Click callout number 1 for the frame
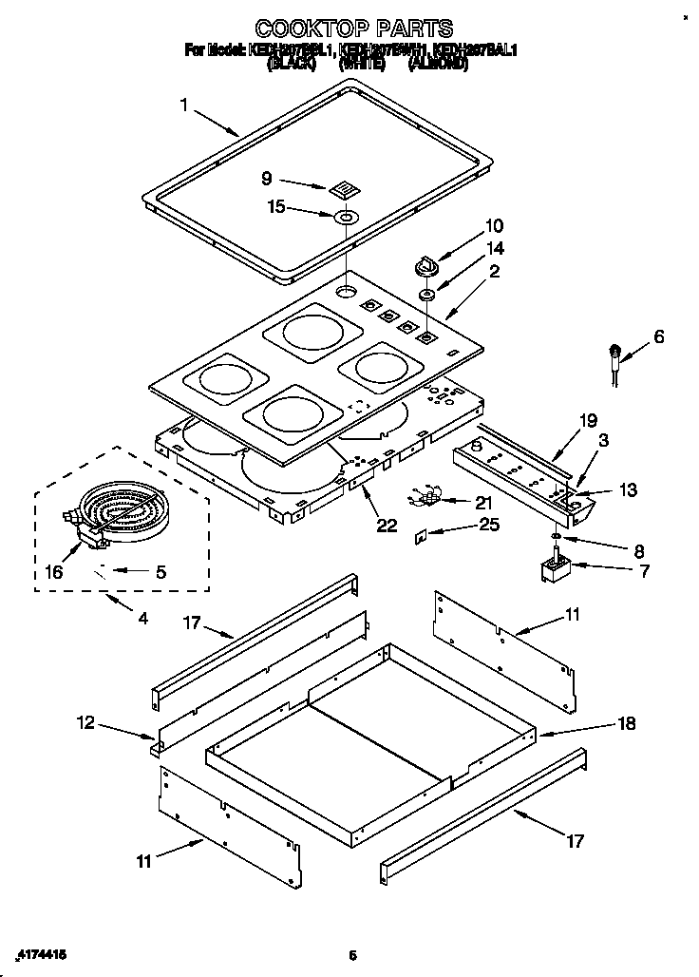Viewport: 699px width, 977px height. click(x=184, y=105)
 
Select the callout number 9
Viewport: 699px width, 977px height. click(x=267, y=177)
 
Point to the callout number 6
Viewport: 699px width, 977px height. click(x=658, y=336)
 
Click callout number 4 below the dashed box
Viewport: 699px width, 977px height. click(x=142, y=619)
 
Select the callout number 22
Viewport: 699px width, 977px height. click(x=387, y=526)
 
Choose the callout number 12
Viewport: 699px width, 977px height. click(x=86, y=723)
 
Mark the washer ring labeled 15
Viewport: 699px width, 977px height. click(x=346, y=218)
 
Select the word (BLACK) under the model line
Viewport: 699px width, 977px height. click(x=291, y=65)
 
